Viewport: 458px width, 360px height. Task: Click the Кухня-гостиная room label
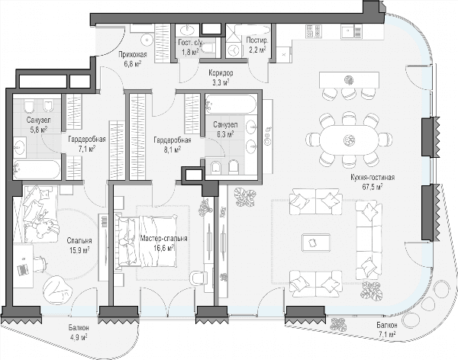(373, 178)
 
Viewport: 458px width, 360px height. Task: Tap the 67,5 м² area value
(373, 187)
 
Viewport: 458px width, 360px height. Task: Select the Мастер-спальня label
(163, 239)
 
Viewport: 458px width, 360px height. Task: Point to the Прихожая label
(133, 55)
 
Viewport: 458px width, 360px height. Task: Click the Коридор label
(221, 73)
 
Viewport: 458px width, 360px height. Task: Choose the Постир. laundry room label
(256, 40)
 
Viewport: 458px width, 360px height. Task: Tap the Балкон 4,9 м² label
(79, 333)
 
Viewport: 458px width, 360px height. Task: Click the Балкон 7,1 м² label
(386, 329)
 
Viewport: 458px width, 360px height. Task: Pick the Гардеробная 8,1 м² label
(173, 145)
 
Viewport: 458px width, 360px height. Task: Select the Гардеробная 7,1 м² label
(87, 144)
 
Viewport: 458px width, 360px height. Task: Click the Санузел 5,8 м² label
(39, 124)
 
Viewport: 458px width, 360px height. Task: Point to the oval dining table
(349, 141)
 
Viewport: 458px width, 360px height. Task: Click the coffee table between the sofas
(316, 243)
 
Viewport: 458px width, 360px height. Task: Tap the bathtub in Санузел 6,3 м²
(231, 104)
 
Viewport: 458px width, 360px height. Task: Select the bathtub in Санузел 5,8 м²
(37, 169)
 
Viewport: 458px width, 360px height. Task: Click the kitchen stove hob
(314, 31)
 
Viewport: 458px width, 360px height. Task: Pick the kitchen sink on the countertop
(351, 31)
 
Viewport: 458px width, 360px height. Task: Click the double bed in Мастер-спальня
(147, 241)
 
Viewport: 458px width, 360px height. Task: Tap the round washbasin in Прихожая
(147, 40)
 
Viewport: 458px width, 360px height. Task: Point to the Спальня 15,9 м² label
(79, 246)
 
